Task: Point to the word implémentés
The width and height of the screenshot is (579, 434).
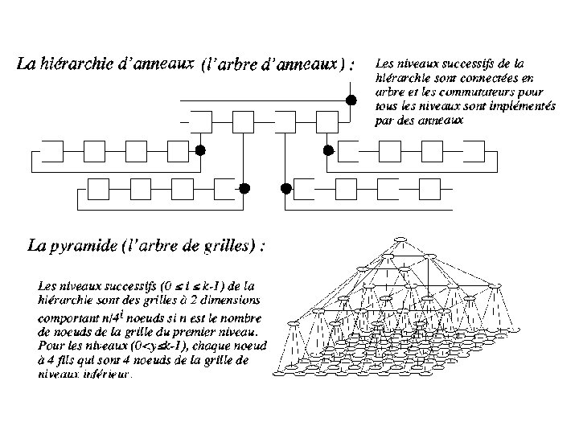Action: tap(487, 106)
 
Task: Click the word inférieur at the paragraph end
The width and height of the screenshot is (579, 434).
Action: tap(110, 372)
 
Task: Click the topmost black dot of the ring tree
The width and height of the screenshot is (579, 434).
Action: tap(351, 100)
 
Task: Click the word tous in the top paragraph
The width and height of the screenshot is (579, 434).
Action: tap(384, 106)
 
